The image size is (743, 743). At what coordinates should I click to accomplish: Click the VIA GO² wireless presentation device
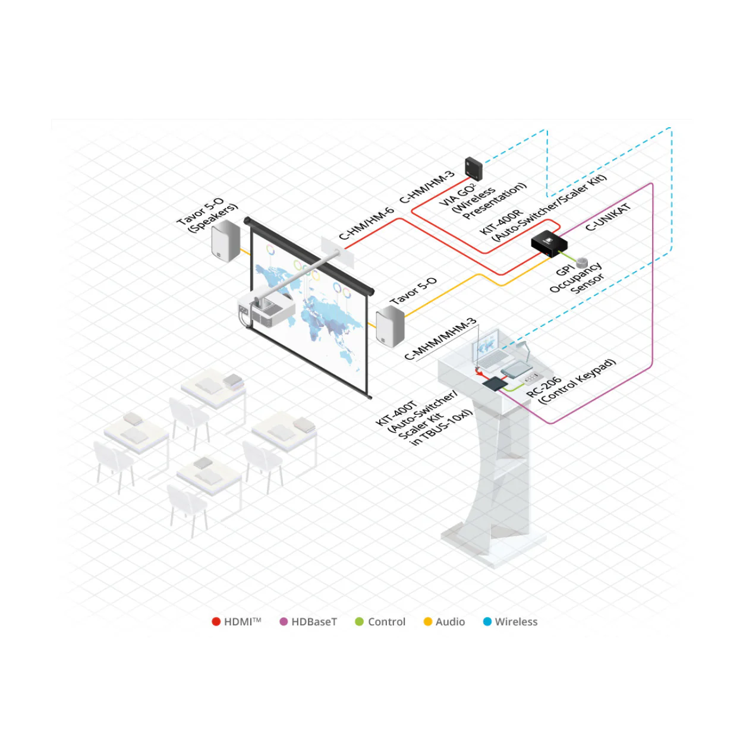pos(474,168)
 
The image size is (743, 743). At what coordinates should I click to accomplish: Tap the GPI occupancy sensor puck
pos(583,263)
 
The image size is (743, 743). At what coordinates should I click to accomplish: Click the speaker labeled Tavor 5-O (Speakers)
pos(225,240)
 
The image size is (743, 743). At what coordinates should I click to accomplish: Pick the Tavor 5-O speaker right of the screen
pos(390,326)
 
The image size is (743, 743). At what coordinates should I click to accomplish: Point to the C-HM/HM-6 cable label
pos(366,223)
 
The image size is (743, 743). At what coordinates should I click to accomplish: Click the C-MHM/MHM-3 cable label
pos(440,339)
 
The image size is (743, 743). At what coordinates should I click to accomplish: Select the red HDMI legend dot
pos(216,622)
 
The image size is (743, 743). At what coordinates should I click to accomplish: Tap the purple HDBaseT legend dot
pos(284,622)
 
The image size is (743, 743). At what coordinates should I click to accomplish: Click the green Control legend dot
pos(359,622)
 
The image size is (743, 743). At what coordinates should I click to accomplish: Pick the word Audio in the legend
pos(450,622)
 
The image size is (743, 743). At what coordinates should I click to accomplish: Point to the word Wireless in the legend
pos(516,622)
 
